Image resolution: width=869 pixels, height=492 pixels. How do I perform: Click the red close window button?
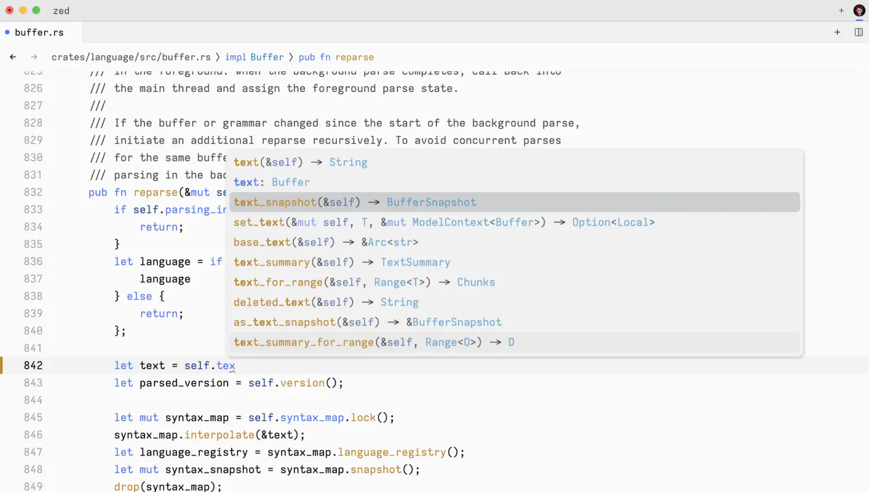[x=9, y=10]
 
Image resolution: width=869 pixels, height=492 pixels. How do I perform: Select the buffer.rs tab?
[x=39, y=32]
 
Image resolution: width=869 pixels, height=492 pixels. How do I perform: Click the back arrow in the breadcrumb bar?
[x=13, y=57]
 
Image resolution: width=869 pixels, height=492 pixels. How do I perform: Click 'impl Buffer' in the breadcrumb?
[x=254, y=57]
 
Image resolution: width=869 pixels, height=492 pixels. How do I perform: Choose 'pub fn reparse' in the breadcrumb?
[x=336, y=57]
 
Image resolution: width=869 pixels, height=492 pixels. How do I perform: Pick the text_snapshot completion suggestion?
[x=354, y=202]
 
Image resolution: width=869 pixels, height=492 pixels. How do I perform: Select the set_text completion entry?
[x=444, y=223]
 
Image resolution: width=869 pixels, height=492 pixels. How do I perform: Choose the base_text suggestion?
[x=325, y=242]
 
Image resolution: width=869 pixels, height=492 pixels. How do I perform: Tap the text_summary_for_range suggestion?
[x=373, y=342]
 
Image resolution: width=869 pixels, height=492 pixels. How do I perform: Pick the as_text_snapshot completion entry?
[x=368, y=322]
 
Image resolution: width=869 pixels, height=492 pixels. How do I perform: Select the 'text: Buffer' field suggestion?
[x=271, y=182]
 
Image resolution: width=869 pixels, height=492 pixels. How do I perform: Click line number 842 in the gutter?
[x=33, y=366]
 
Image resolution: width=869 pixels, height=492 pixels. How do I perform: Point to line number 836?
[x=33, y=262]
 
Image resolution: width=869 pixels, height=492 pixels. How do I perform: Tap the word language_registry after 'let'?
[x=194, y=452]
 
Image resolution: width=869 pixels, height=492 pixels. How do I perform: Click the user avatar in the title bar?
[x=859, y=10]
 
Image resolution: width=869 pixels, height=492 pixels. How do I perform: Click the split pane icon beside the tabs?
[x=859, y=32]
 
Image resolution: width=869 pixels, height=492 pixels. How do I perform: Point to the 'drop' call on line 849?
[x=127, y=486]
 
